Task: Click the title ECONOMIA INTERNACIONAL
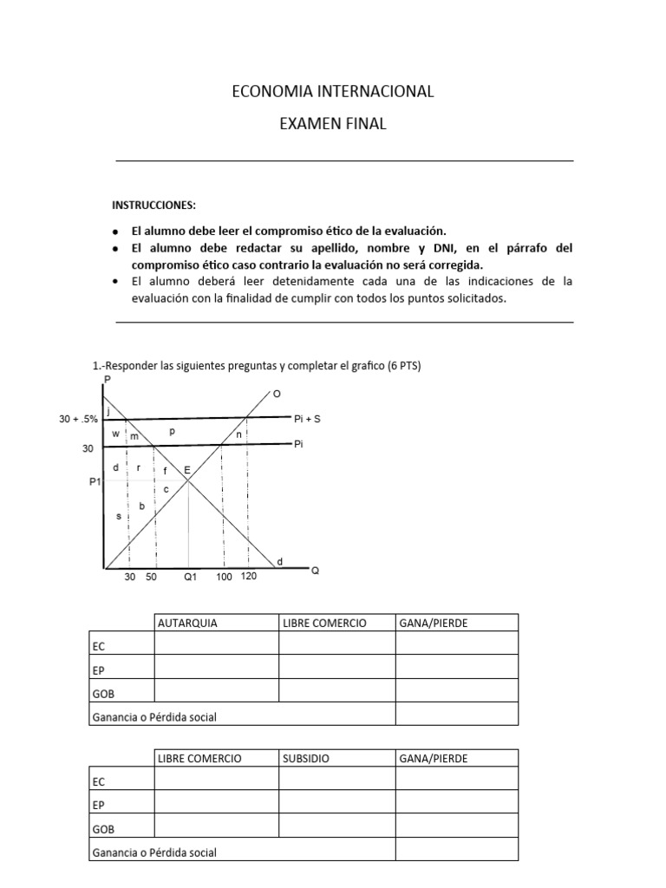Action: tap(333, 91)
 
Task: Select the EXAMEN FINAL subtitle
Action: tap(333, 124)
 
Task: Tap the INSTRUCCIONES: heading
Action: tap(153, 206)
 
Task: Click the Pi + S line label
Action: tap(308, 418)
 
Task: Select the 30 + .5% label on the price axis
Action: tap(77, 419)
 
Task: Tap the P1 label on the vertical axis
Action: tap(95, 482)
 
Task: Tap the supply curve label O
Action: tap(277, 394)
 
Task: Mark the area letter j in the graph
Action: tap(108, 411)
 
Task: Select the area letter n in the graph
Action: tap(238, 434)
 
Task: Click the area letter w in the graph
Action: tap(115, 433)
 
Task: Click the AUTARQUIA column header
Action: tap(187, 623)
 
